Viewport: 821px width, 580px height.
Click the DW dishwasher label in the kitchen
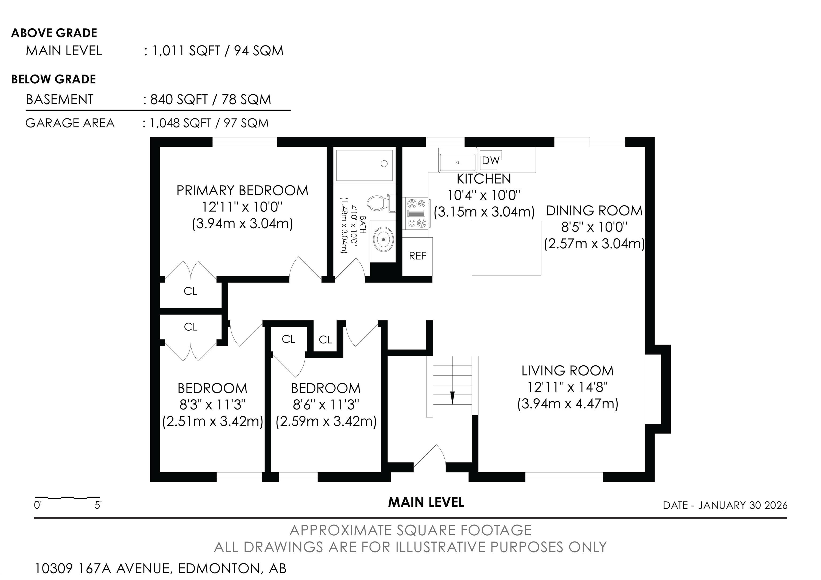pos(491,161)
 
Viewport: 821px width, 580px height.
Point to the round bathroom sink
pos(384,238)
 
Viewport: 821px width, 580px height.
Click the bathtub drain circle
pos(384,164)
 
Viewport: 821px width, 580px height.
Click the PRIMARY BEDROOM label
pos(242,191)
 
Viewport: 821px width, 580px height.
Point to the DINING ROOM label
pos(594,211)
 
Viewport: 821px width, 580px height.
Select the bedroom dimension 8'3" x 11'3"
pos(213,405)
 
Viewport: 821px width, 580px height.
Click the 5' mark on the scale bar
pos(98,505)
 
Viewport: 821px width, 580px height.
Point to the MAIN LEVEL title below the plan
pos(426,502)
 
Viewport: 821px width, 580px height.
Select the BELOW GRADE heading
pos(54,79)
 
